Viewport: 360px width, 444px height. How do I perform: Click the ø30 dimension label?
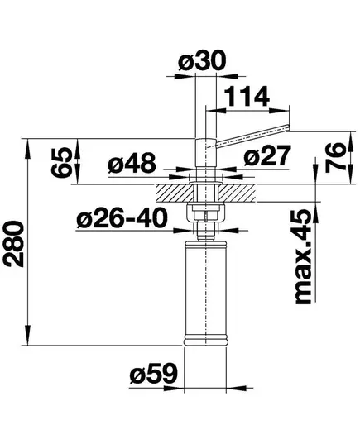point(202,60)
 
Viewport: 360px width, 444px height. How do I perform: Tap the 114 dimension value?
point(247,96)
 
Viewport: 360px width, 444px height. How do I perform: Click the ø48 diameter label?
point(132,163)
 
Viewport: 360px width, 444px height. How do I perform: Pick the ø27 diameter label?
point(267,155)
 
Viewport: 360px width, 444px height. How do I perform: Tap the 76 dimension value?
point(335,157)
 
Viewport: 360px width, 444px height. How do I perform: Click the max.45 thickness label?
point(304,256)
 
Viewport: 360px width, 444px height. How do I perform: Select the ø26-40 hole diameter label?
point(122,218)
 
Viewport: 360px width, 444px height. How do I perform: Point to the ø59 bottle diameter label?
point(153,373)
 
